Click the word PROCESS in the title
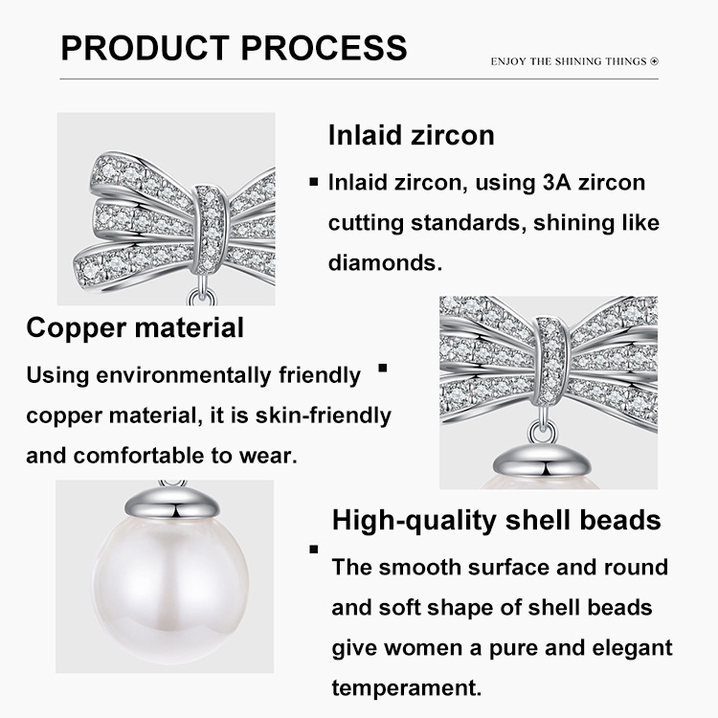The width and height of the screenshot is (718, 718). [x=324, y=48]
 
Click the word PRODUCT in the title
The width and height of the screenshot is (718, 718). [x=146, y=48]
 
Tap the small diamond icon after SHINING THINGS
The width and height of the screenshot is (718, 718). [x=655, y=61]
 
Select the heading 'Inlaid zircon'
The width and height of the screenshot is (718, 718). [x=412, y=135]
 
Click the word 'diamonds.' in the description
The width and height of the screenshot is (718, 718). [x=385, y=263]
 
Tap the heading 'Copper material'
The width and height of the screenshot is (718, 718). [x=135, y=327]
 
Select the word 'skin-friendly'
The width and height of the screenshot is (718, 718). [x=324, y=415]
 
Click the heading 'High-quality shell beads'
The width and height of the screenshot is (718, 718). [x=496, y=520]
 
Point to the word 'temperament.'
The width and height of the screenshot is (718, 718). [x=407, y=687]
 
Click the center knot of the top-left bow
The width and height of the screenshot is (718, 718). [x=211, y=229]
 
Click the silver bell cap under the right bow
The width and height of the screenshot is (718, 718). [x=544, y=460]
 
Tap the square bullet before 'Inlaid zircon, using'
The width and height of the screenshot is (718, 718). [x=314, y=182]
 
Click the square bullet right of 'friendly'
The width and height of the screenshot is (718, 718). [x=383, y=368]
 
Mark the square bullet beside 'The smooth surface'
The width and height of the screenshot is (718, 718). [x=314, y=550]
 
